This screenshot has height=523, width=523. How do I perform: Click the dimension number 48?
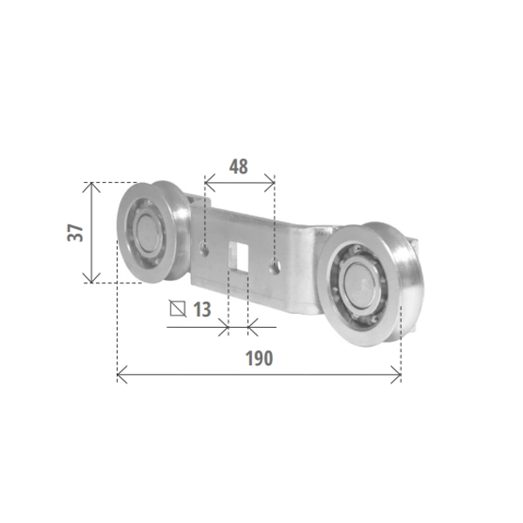pyautogui.click(x=239, y=166)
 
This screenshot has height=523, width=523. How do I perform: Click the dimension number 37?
pyautogui.click(x=75, y=233)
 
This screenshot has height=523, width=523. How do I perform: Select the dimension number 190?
pyautogui.click(x=259, y=358)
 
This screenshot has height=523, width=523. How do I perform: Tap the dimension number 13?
pyautogui.click(x=202, y=309)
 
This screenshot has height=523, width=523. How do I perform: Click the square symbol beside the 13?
pyautogui.click(x=178, y=309)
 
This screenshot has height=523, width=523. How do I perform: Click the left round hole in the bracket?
pyautogui.click(x=204, y=249)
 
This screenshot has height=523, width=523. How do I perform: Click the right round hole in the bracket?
pyautogui.click(x=275, y=267)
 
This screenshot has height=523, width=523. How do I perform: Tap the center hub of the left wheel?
pyautogui.click(x=148, y=233)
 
